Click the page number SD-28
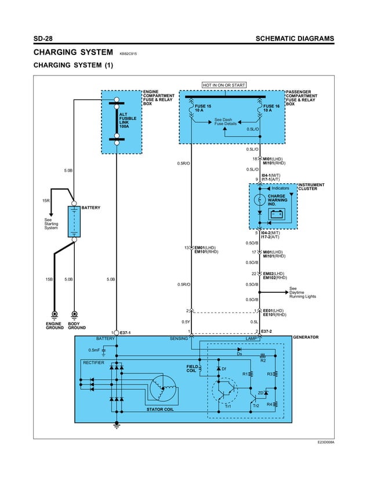click(43, 39)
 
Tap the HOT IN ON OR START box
click(224, 85)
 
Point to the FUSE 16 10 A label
click(271, 108)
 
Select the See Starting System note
click(52, 224)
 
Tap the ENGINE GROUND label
click(55, 326)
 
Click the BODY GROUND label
click(77, 326)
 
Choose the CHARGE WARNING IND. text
click(277, 200)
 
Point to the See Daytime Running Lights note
click(302, 292)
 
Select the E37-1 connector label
click(125, 332)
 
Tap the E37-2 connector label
click(267, 332)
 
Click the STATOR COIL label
click(159, 410)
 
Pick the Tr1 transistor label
click(228, 406)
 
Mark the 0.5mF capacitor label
click(94, 350)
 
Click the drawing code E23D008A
click(325, 442)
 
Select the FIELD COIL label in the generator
click(192, 369)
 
